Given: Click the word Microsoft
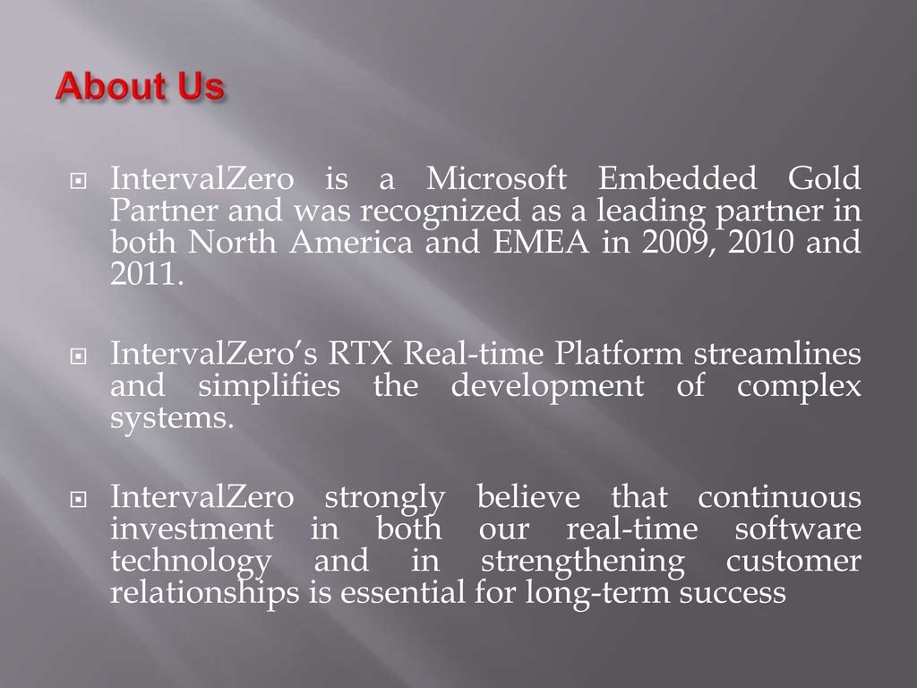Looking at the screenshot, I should coord(496,180).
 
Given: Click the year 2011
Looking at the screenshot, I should coord(146,274).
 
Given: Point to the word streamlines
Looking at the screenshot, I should coord(777,355).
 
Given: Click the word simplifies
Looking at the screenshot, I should coord(269,387).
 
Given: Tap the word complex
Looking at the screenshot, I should coord(799,387).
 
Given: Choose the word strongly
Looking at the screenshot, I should coord(384,498).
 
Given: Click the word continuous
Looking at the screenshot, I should coord(779,496).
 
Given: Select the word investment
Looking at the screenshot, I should coord(192,529).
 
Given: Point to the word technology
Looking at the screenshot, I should coord(190,563).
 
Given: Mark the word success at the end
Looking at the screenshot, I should coord(733,592).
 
